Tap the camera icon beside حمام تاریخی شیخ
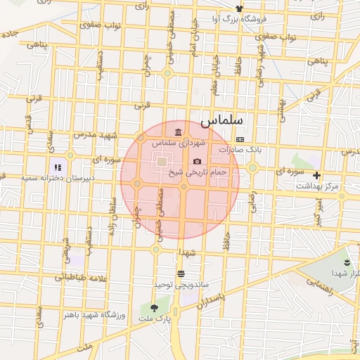[196, 162]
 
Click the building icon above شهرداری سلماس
[179, 132]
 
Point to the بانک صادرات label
[240, 150]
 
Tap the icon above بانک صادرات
[240, 139]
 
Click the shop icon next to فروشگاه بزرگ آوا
[240, 8]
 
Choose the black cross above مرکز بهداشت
[317, 175]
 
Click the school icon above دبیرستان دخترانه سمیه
[58, 167]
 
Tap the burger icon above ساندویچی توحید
[181, 274]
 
